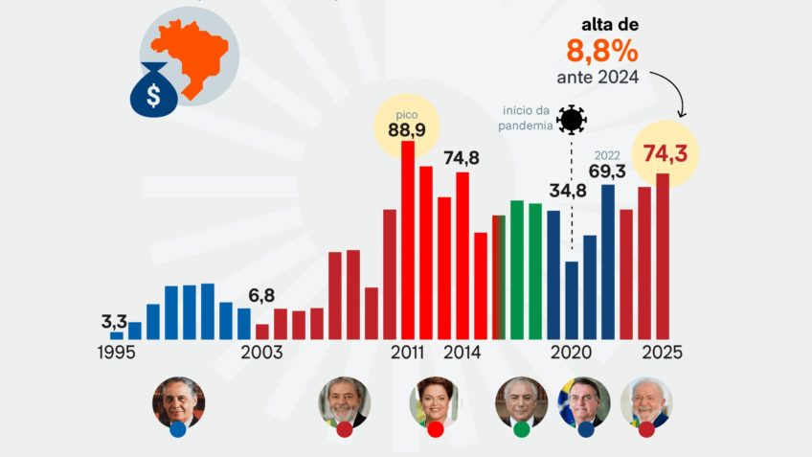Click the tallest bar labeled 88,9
[x=408, y=240]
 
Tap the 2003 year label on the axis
[x=261, y=352]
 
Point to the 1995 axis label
[x=116, y=352]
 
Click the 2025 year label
[x=663, y=352]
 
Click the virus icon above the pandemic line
[x=572, y=119]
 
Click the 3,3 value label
[x=115, y=322]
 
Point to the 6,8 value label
[x=261, y=296]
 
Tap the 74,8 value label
[x=462, y=158]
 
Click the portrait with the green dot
[x=521, y=403]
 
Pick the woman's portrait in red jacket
[x=435, y=401]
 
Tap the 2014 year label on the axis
[x=462, y=352]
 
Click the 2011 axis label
[x=408, y=352]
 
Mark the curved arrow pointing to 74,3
[x=674, y=97]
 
